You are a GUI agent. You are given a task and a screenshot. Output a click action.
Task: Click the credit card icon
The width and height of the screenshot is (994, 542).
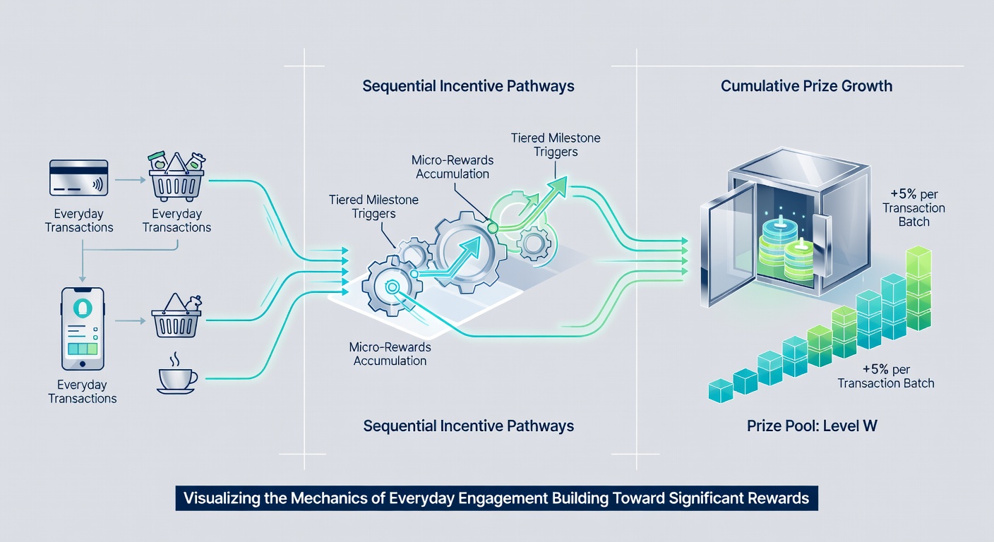tap(78, 178)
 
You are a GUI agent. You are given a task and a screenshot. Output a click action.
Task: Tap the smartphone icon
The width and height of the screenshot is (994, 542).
tap(83, 329)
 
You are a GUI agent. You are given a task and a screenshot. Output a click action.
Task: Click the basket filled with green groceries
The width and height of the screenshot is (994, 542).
tap(176, 176)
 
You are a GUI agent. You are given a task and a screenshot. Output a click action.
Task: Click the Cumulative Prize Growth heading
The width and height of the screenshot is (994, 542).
tap(806, 86)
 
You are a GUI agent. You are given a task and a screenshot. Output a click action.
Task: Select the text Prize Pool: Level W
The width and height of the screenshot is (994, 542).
tap(812, 426)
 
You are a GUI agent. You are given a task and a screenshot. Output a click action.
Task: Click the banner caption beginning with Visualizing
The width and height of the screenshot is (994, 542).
tap(496, 498)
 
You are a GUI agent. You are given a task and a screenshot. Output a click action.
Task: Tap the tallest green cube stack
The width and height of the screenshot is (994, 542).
tap(918, 289)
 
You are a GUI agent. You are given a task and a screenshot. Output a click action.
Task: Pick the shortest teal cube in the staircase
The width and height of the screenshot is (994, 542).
tap(721, 391)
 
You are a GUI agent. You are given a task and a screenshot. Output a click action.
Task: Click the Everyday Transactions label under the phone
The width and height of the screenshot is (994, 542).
tap(83, 391)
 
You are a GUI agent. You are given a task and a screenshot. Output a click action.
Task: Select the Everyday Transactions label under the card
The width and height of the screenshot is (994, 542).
tap(79, 220)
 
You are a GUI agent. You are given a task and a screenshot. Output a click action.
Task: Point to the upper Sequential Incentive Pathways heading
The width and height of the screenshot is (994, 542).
tap(468, 86)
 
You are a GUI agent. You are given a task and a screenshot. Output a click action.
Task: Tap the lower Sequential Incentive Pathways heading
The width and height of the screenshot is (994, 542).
tap(469, 426)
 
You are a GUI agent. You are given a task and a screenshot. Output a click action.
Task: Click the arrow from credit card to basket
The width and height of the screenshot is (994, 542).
tap(130, 180)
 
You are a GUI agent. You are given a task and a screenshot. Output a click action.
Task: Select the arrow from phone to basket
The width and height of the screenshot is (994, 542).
tap(130, 320)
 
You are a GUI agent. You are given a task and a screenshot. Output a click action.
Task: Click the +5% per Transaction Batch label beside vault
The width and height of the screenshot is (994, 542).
tap(914, 208)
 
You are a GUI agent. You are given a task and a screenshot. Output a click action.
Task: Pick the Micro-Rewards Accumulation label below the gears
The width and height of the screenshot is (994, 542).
tap(390, 354)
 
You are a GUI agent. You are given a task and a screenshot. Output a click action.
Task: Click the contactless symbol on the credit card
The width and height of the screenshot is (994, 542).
tap(97, 184)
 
